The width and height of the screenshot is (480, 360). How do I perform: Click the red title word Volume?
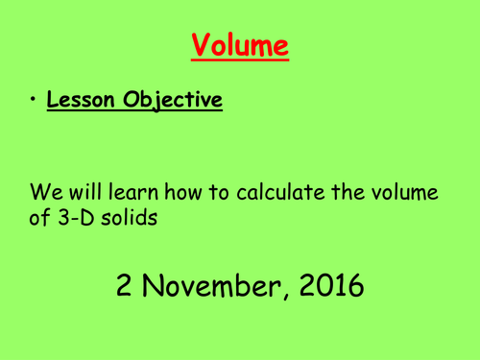[x=239, y=44]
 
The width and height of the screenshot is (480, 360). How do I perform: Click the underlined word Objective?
[x=173, y=102]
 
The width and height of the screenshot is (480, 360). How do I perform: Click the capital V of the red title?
[x=201, y=44]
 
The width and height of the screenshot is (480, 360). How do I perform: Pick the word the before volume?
[x=346, y=193]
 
